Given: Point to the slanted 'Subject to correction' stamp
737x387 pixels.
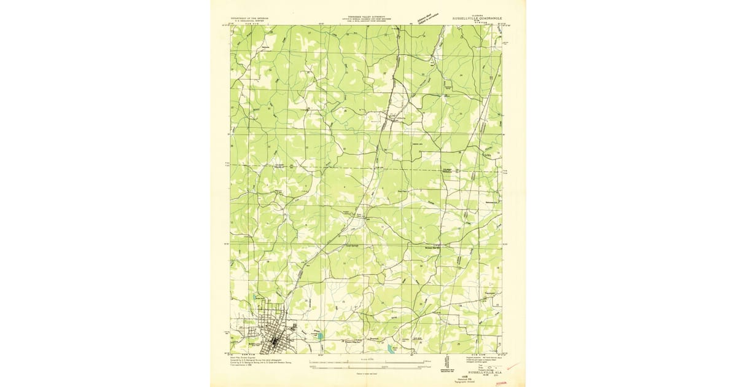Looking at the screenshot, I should (429, 15).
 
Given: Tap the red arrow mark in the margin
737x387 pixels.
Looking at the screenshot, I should (513, 367).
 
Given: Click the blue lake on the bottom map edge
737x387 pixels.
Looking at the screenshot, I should (391, 350).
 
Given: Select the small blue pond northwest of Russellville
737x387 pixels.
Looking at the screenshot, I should (255, 300).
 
